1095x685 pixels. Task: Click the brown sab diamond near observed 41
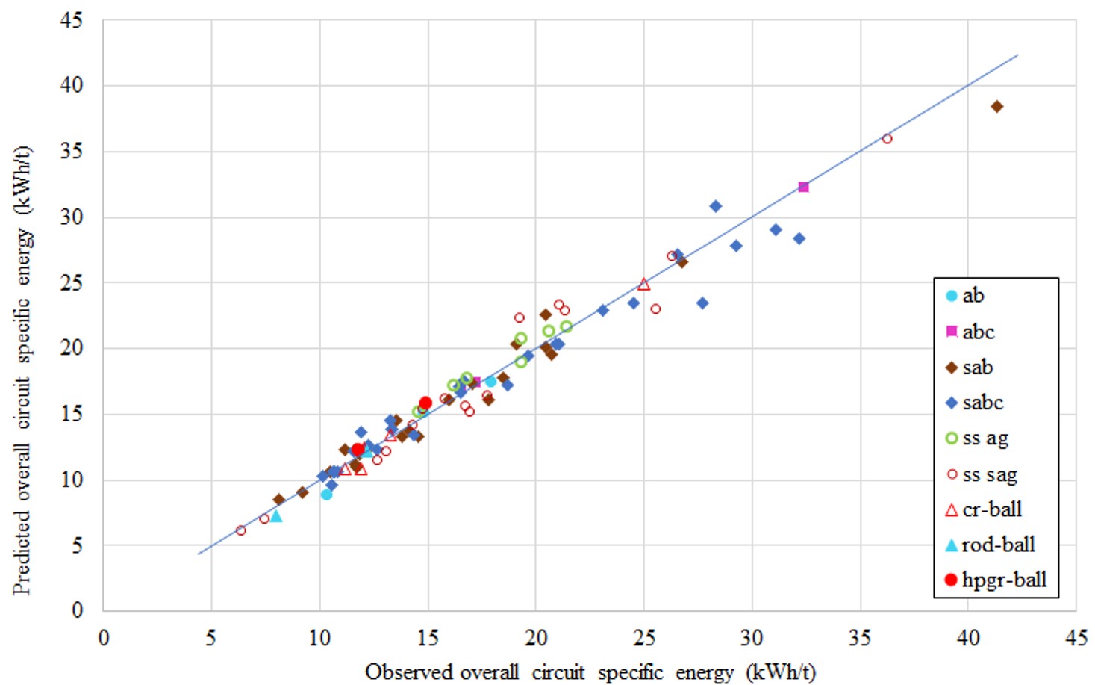[996, 107]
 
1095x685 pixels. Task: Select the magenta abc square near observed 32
[803, 187]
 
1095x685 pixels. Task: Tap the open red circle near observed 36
[887, 139]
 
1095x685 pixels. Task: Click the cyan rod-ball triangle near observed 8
[276, 516]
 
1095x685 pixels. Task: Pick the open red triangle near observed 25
[643, 285]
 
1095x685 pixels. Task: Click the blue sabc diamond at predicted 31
[715, 206]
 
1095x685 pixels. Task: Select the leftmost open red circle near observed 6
[240, 530]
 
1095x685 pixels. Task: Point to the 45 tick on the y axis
[72, 20]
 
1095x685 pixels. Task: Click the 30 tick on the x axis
[752, 637]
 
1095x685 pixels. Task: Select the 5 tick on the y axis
[77, 545]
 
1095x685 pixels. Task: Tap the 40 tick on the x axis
[968, 637]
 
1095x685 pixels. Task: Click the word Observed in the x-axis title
[410, 672]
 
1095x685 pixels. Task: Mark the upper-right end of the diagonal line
[1017, 55]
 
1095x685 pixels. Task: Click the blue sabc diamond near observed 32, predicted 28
[799, 238]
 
